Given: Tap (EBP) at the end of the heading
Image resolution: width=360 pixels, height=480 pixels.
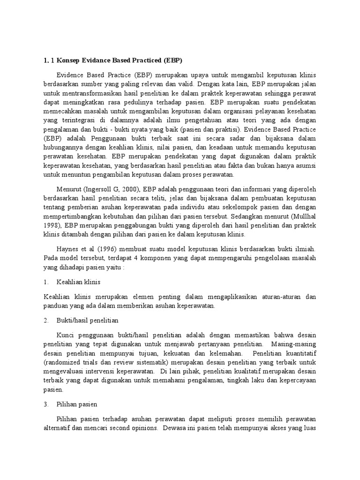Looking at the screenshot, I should point(172,60).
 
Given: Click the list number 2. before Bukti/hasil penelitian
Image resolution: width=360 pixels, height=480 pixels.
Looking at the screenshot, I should point(46,320).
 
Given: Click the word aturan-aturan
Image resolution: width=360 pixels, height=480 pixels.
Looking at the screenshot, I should point(275,297).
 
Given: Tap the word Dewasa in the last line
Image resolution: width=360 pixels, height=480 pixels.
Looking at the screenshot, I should point(174,428).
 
